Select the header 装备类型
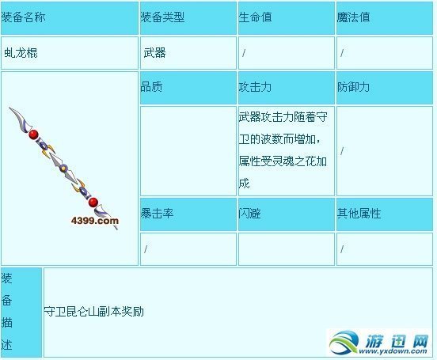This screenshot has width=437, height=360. tap(163, 17)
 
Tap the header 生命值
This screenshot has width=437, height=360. tap(255, 17)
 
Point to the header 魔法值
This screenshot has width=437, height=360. tap(353, 17)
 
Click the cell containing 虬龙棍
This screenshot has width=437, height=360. tap(21, 53)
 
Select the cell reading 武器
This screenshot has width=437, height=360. tap(154, 53)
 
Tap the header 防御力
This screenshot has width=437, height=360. tap(353, 87)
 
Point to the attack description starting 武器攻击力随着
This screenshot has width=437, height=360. tap(284, 150)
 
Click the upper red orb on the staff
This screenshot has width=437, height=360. tap(34, 135)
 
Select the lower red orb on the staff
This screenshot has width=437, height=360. tap(93, 203)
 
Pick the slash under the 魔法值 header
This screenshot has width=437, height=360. tap(342, 53)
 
